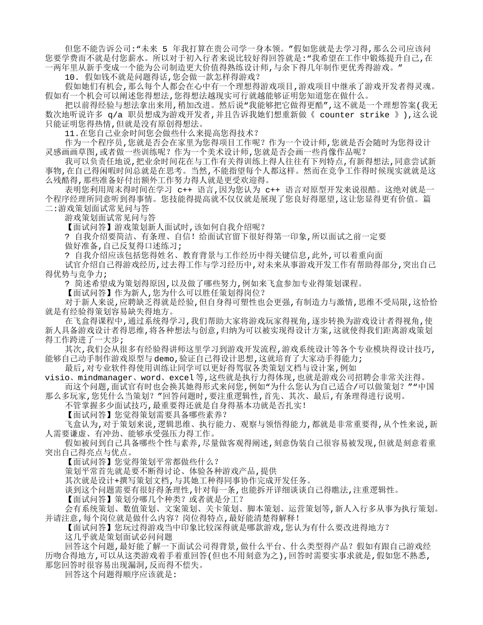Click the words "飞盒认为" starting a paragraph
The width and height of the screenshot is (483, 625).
(x=83, y=423)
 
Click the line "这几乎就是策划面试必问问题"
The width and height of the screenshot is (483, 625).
(x=119, y=537)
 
